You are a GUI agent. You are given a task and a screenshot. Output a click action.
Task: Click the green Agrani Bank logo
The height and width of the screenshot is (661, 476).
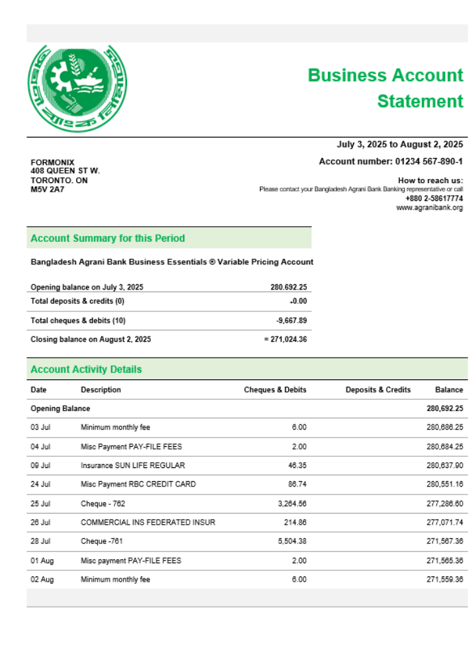click(x=77, y=87)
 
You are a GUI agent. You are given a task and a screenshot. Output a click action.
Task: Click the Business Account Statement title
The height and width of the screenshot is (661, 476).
click(x=386, y=88)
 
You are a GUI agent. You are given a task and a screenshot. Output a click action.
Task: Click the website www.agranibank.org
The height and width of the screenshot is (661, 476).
click(x=429, y=208)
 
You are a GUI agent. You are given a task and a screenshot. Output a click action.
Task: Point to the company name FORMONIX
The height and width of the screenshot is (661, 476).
click(x=53, y=163)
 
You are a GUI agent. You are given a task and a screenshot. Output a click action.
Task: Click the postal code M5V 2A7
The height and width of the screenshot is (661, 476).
click(x=48, y=190)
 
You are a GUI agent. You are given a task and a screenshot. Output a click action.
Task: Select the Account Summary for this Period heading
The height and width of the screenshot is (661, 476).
click(x=108, y=238)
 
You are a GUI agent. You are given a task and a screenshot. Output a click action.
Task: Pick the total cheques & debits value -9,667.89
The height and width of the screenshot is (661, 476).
click(x=292, y=321)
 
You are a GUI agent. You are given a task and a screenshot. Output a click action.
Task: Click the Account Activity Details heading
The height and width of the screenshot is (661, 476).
click(x=86, y=369)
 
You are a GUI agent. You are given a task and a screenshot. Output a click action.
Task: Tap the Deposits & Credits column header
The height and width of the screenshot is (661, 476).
click(x=377, y=390)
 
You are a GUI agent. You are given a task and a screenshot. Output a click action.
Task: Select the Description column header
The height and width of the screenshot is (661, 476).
click(x=100, y=390)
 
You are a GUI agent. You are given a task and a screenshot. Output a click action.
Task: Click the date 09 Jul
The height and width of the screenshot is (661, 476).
click(x=40, y=465)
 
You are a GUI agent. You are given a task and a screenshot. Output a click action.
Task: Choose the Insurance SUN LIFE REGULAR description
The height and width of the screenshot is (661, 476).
click(x=133, y=465)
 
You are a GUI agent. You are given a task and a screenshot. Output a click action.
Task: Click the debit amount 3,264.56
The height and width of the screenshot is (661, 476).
click(x=291, y=504)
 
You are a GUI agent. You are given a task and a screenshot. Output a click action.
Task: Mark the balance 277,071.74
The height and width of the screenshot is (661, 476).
click(x=444, y=523)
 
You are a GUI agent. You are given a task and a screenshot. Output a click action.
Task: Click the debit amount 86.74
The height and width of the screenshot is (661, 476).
click(x=296, y=485)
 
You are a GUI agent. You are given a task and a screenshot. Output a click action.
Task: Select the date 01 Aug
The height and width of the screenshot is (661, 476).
click(x=42, y=561)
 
